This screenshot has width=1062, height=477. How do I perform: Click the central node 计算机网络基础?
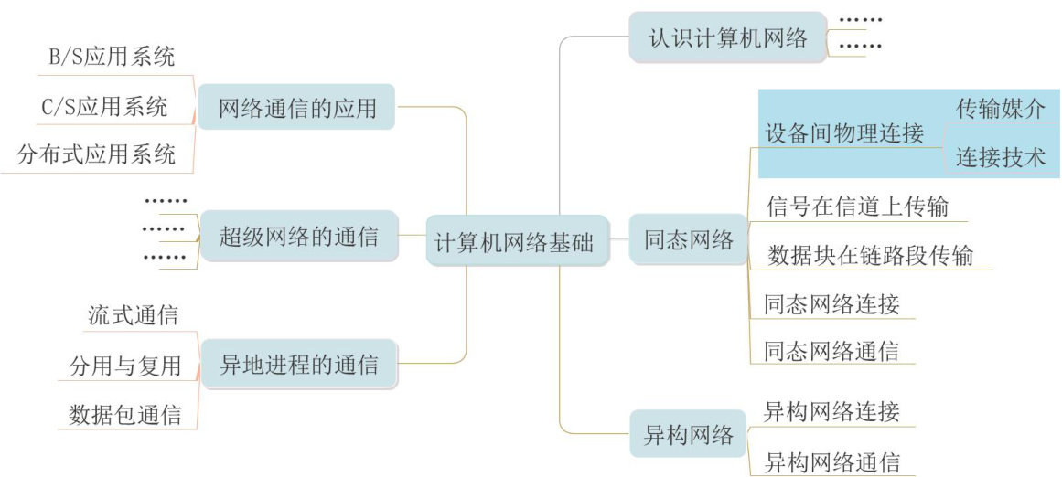517,243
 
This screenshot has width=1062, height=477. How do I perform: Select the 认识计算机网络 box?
728,38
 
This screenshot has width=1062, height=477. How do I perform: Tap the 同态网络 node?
689,240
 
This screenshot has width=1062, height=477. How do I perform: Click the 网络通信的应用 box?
297,109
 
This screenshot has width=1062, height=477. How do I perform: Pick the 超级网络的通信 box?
298,237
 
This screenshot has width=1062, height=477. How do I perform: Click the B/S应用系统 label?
112,58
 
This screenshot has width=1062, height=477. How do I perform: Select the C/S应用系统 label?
104,107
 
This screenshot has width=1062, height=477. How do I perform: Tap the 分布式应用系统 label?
97,154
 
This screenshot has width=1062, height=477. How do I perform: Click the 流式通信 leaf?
133,316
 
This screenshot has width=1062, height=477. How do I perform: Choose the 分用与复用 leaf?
125,366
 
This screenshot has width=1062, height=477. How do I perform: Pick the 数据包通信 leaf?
125,416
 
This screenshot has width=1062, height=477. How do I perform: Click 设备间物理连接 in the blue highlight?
844,133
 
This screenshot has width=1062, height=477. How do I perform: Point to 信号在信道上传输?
857,207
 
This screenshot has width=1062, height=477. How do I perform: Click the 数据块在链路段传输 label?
870,255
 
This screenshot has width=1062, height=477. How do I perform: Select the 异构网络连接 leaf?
831,410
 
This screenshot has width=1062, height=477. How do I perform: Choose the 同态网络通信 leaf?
831,351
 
